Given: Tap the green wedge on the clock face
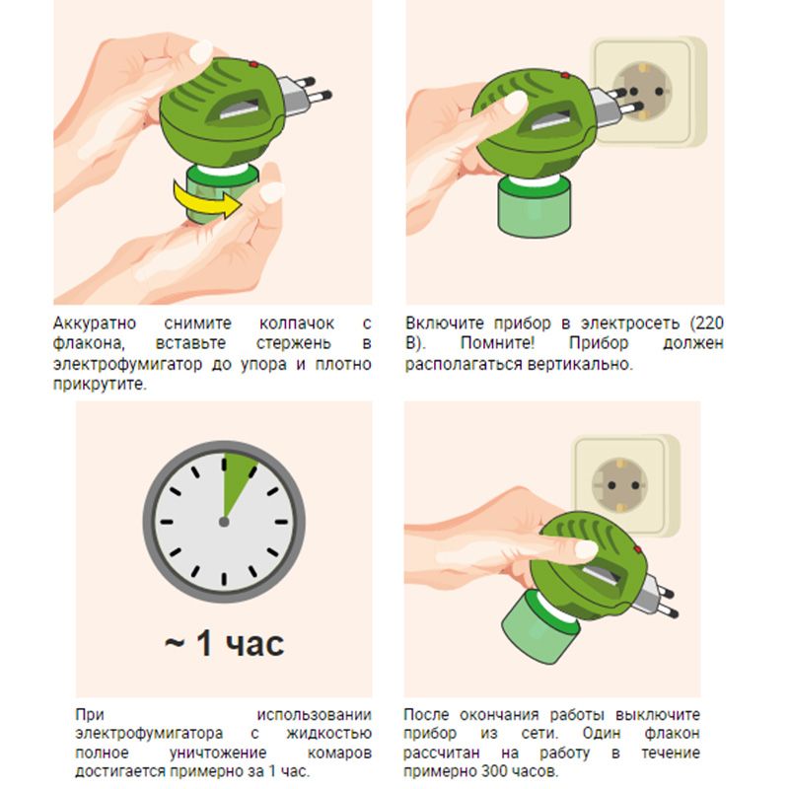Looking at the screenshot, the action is (x=236, y=479).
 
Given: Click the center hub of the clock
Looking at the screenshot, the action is (x=224, y=522).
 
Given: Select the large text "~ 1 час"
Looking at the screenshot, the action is (x=225, y=643).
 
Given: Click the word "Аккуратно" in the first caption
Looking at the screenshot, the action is (x=95, y=323).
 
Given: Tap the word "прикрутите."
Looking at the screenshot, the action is (x=100, y=385).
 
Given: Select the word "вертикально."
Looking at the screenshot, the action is (x=580, y=364).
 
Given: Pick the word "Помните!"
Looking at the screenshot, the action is (x=497, y=343).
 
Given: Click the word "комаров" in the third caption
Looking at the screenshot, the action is (x=339, y=753).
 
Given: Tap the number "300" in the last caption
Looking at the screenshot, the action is (x=496, y=771).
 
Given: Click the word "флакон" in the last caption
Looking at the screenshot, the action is (x=672, y=734).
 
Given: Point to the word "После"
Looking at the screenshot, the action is (x=426, y=714).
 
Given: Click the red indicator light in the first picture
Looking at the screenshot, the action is (x=254, y=64).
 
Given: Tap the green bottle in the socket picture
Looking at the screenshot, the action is (x=534, y=206).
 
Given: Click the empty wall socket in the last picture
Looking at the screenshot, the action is (x=623, y=485).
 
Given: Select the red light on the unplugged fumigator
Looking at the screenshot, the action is (x=637, y=549).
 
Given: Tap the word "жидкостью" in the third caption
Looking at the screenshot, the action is (x=329, y=734).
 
